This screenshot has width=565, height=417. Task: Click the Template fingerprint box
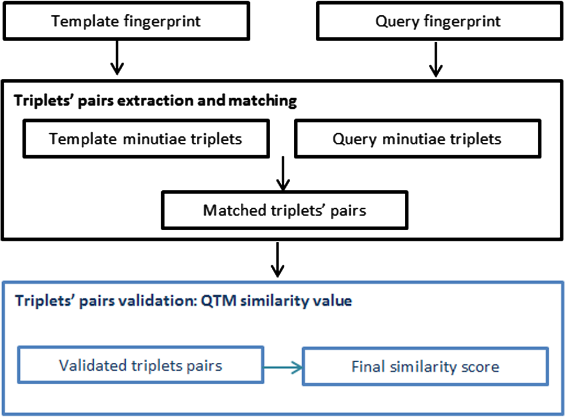(x=126, y=21)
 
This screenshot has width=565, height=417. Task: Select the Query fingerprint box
(x=440, y=21)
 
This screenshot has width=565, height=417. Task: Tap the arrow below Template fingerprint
(x=117, y=58)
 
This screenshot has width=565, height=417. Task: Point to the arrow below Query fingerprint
(x=436, y=59)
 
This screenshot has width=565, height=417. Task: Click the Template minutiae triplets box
(x=146, y=139)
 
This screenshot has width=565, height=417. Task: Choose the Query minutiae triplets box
(x=417, y=139)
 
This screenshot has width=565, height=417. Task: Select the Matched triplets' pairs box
(x=285, y=210)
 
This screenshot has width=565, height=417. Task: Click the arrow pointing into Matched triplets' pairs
(x=283, y=173)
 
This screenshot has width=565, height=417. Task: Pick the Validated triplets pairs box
(x=140, y=365)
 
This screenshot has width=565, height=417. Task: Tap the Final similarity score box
(x=425, y=367)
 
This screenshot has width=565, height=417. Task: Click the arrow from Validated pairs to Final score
(x=283, y=367)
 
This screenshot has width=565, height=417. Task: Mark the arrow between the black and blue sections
(x=277, y=260)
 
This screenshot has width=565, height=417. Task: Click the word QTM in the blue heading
(x=218, y=301)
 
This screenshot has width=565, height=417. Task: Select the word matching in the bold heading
(x=262, y=101)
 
